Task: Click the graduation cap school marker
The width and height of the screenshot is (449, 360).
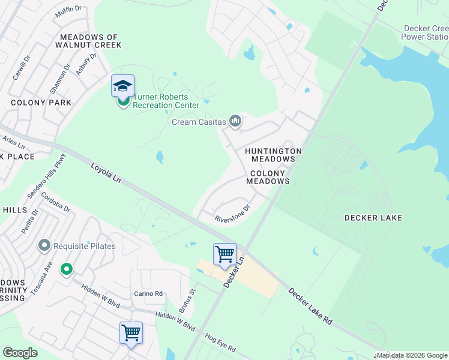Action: tap(122, 86)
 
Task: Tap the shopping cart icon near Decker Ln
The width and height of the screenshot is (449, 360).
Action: tap(224, 254)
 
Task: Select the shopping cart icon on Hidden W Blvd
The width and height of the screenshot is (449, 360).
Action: tap(131, 332)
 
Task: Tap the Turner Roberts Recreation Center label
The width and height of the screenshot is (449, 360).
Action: tap(166, 101)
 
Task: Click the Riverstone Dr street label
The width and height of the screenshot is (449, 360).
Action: tap(232, 214)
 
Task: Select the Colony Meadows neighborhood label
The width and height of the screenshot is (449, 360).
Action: tap(268, 177)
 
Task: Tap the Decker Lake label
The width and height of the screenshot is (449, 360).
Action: tap(374, 218)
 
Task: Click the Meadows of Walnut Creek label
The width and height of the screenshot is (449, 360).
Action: tap(88, 41)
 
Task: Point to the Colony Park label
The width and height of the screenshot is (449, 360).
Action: tap(41, 103)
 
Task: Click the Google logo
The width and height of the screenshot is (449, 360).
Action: tap(20, 353)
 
